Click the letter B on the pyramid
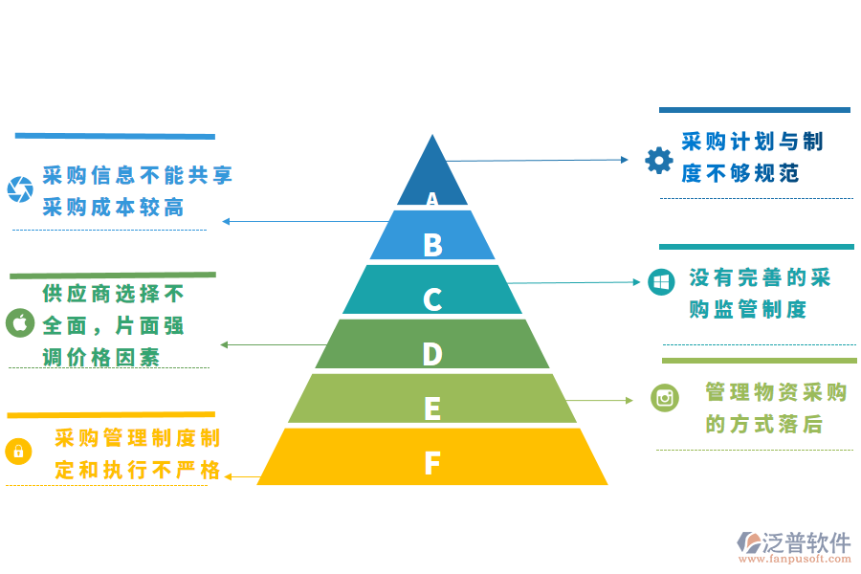[432, 246]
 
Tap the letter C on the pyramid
[432, 300]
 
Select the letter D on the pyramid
[432, 355]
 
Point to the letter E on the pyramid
[432, 409]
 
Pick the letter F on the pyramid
[432, 464]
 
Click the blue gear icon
[659, 160]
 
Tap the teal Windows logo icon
[660, 282]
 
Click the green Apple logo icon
[19, 322]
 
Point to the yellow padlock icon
[18, 451]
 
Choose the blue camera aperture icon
[19, 188]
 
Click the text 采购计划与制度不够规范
[752, 158]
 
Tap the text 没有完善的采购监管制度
[760, 294]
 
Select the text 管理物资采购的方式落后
[776, 408]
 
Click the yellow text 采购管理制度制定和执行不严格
[138, 454]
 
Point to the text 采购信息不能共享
[138, 176]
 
